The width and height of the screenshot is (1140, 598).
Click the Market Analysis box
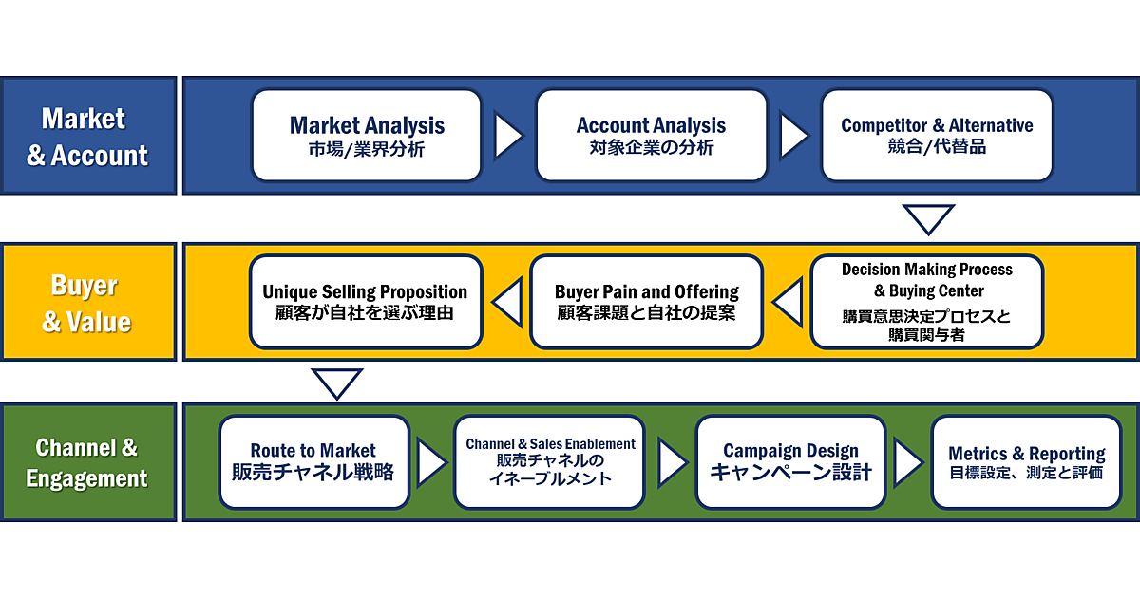pos(367,135)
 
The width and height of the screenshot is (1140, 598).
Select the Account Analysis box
pos(651,135)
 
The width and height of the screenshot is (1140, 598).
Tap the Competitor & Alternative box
pos(937,135)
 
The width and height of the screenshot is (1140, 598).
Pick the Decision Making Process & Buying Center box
pos(926,301)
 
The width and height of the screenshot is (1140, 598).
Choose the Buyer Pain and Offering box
pos(646,301)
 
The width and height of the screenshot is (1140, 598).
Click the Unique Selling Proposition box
pos(366,301)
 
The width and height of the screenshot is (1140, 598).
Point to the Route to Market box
pos(313,462)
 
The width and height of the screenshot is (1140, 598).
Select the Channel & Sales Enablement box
pos(550,462)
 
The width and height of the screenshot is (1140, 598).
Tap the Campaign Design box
pos(790,462)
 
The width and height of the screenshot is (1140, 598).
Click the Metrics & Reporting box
pos(1026,462)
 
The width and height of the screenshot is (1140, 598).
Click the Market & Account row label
pos(87,136)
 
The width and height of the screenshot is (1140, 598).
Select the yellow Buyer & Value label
pos(87,302)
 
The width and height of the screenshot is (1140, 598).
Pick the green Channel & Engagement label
pos(87,462)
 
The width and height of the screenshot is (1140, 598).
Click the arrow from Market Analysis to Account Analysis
pos(508,135)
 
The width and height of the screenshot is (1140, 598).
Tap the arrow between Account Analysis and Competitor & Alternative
pos(793,135)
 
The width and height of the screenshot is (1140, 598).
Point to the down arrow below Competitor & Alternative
pos(928,217)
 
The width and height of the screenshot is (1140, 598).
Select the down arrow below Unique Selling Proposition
pos(337,383)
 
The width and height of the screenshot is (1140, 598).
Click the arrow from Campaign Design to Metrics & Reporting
pos(907,462)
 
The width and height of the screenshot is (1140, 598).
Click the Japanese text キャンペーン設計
pos(790,473)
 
